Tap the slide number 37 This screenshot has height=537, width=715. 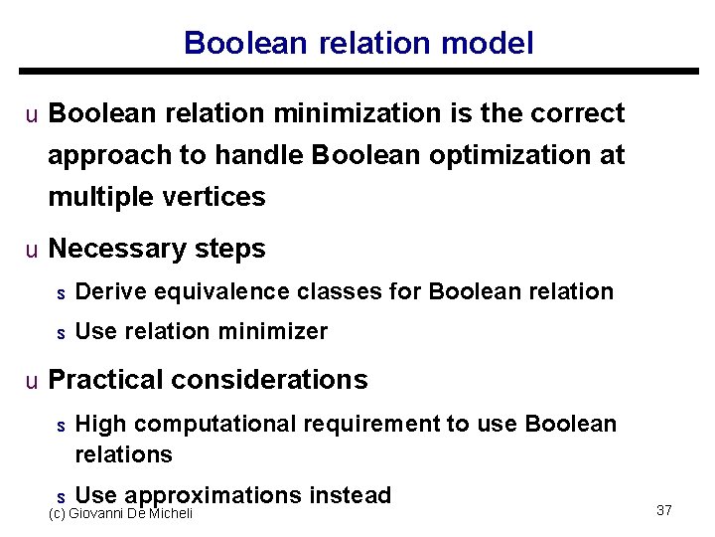664,510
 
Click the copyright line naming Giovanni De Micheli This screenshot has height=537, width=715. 120,513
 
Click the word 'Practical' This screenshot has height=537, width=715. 106,380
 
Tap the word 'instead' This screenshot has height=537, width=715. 351,495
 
